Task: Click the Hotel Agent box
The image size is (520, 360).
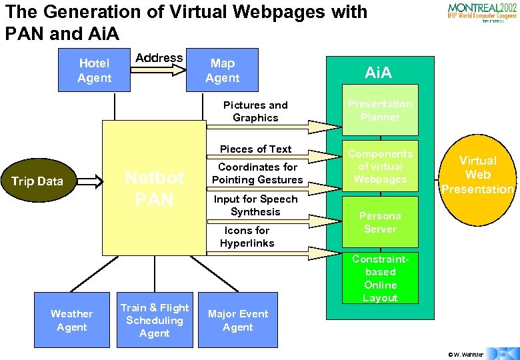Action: (x=94, y=71)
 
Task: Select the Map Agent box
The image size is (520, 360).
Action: (x=222, y=71)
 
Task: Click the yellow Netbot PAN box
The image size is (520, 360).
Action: (x=154, y=188)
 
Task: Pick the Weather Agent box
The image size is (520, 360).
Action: (x=71, y=320)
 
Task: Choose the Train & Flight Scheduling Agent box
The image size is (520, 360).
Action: (x=155, y=320)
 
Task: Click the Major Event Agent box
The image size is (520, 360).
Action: (x=237, y=320)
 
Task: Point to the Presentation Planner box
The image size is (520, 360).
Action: (x=380, y=110)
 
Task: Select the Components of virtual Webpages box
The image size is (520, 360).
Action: (x=380, y=166)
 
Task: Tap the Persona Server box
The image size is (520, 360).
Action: (x=380, y=222)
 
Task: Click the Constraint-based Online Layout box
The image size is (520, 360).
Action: (x=380, y=278)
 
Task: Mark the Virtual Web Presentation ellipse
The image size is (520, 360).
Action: (x=478, y=175)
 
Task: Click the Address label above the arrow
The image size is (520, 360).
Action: (x=159, y=58)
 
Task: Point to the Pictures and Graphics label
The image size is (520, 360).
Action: (x=255, y=111)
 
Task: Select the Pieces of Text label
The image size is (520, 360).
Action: (x=256, y=149)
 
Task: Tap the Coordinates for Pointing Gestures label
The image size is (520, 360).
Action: (x=257, y=173)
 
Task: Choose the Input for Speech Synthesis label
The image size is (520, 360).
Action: (x=255, y=205)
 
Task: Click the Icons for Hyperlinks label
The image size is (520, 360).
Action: (x=247, y=237)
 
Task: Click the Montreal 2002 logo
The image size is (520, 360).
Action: (x=481, y=13)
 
